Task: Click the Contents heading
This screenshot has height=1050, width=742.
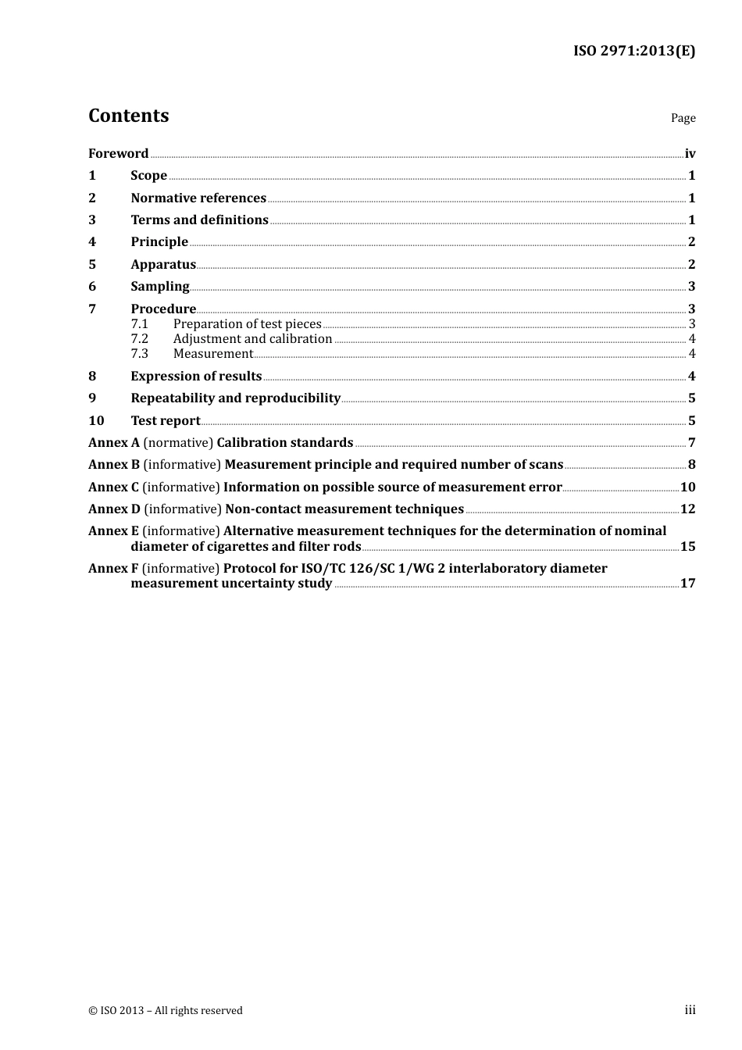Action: [128, 116]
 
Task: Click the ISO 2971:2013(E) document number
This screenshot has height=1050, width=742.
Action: [633, 52]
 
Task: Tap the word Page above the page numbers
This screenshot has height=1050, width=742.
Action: [683, 118]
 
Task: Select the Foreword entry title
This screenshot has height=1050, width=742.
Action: [118, 154]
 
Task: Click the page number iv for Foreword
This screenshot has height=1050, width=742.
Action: [690, 154]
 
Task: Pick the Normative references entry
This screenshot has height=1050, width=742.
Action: [198, 198]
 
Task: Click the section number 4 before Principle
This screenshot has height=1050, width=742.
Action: [92, 242]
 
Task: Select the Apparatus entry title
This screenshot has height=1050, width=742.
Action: [162, 265]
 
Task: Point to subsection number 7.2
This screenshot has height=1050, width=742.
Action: [139, 339]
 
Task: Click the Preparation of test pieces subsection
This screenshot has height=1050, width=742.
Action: [247, 324]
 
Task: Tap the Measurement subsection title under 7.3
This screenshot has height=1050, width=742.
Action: [212, 354]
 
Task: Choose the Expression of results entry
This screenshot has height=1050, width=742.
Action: [196, 377]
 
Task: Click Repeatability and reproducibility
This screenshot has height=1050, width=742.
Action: [235, 398]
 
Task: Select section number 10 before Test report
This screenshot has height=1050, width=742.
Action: [96, 421]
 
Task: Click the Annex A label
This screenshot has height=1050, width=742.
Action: [113, 443]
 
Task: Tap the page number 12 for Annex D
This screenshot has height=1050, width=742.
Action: [687, 509]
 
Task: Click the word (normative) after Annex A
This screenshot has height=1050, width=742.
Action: [178, 443]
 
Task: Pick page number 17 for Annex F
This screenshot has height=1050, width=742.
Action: [687, 584]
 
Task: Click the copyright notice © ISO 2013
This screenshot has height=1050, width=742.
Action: [165, 1011]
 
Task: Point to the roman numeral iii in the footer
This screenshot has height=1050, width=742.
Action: [690, 1010]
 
